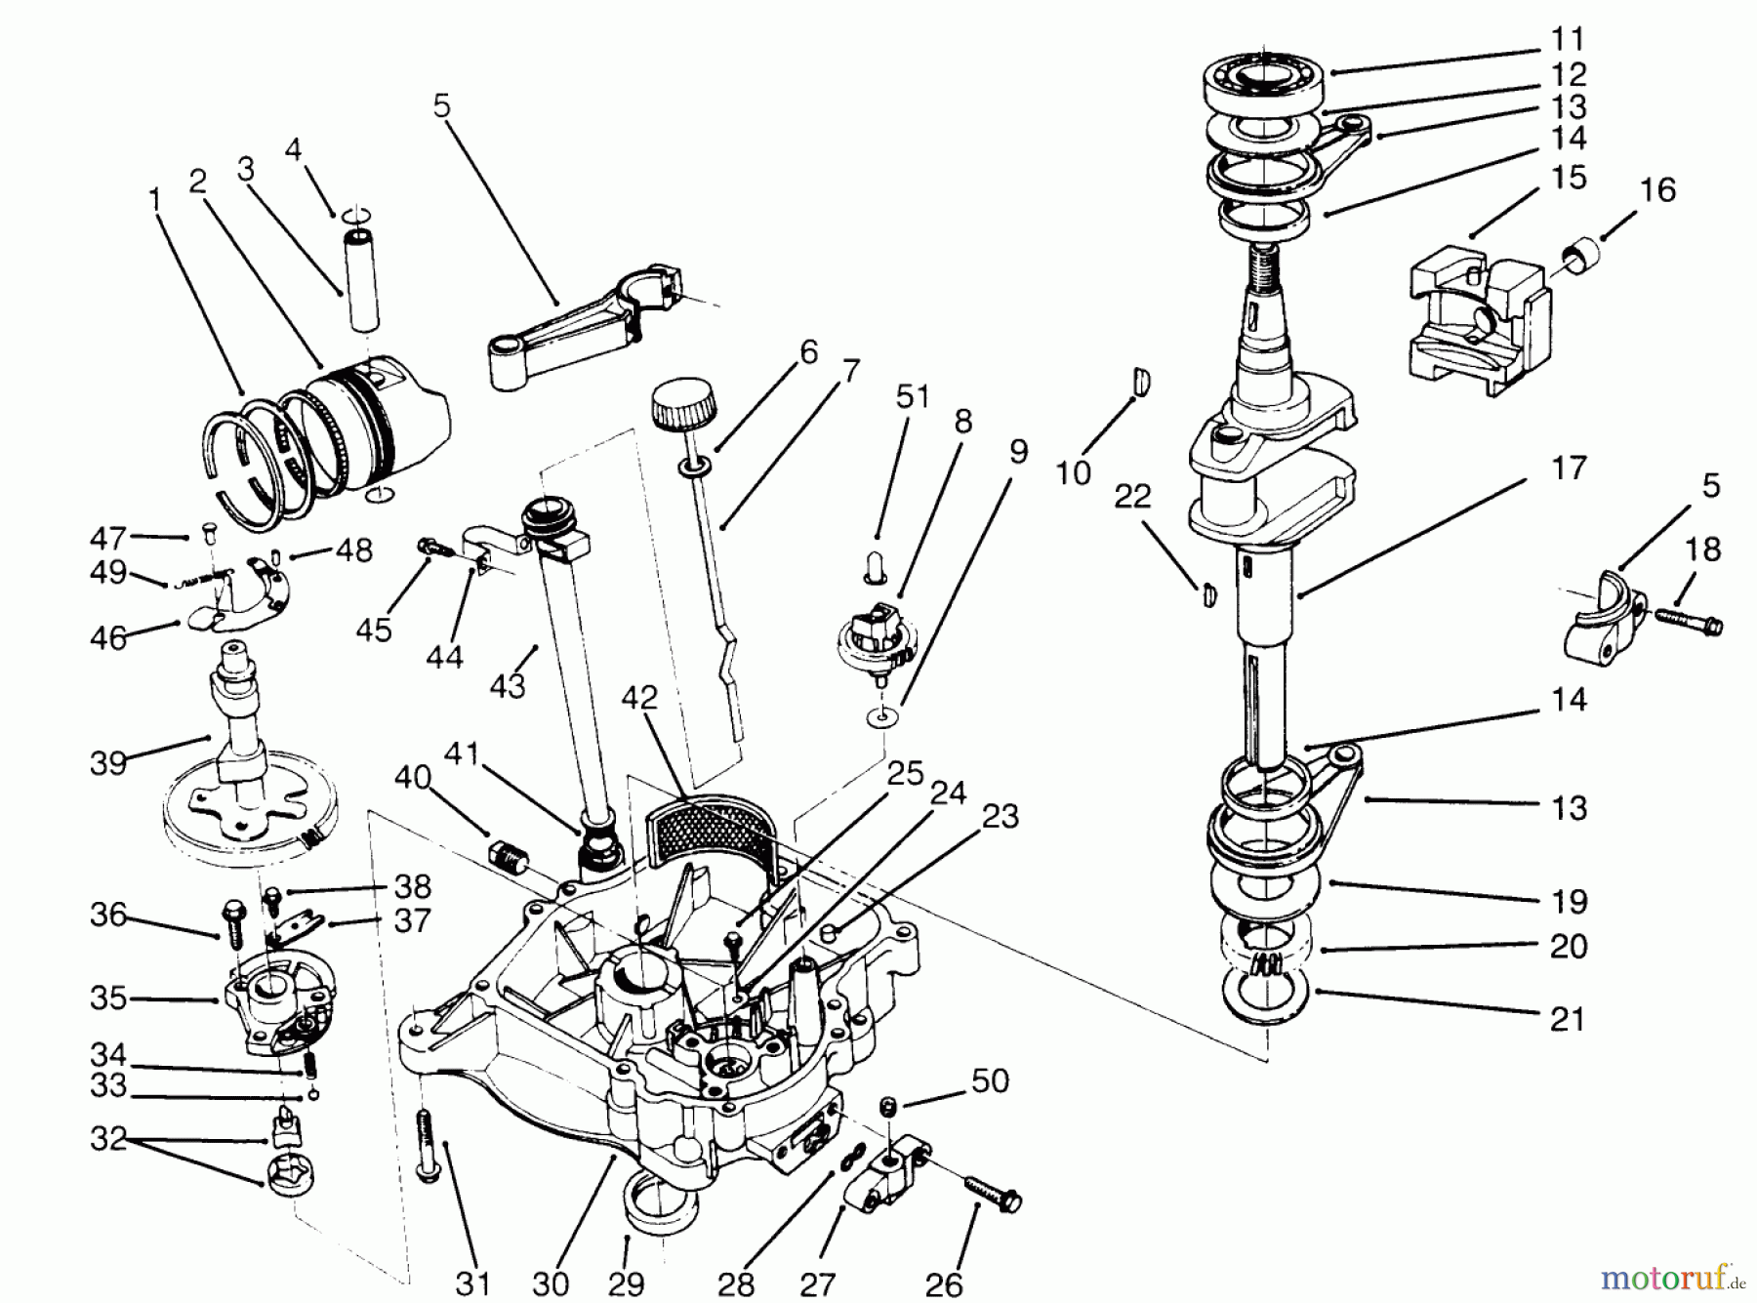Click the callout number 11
tap(1569, 40)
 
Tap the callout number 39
tap(108, 761)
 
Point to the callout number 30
tap(553, 1282)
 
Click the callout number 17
tap(1569, 468)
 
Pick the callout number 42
tap(639, 698)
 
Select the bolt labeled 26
tap(994, 1192)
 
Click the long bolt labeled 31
tap(427, 1145)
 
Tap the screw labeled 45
tap(430, 547)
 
